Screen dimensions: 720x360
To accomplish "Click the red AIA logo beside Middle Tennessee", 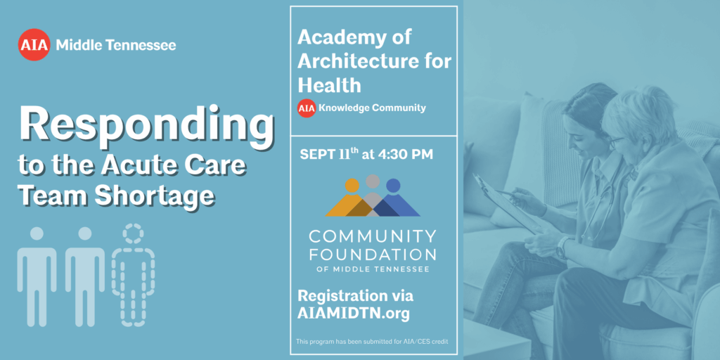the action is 34,44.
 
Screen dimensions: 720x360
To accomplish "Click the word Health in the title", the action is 329,85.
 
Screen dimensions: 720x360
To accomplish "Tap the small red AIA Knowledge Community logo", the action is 307,108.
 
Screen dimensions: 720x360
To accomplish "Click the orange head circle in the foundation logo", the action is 352,186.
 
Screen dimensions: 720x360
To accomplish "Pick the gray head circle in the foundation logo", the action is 373,181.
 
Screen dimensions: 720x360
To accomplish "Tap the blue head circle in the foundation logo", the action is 393,186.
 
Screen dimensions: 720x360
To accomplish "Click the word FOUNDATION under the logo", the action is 373,254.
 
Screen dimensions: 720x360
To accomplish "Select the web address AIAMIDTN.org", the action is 354,313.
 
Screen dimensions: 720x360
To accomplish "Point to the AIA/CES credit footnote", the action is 372,341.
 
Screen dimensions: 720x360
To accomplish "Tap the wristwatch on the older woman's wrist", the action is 562,248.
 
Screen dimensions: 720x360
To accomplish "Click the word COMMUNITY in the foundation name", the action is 373,236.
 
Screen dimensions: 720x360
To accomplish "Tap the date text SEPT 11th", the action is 329,154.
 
